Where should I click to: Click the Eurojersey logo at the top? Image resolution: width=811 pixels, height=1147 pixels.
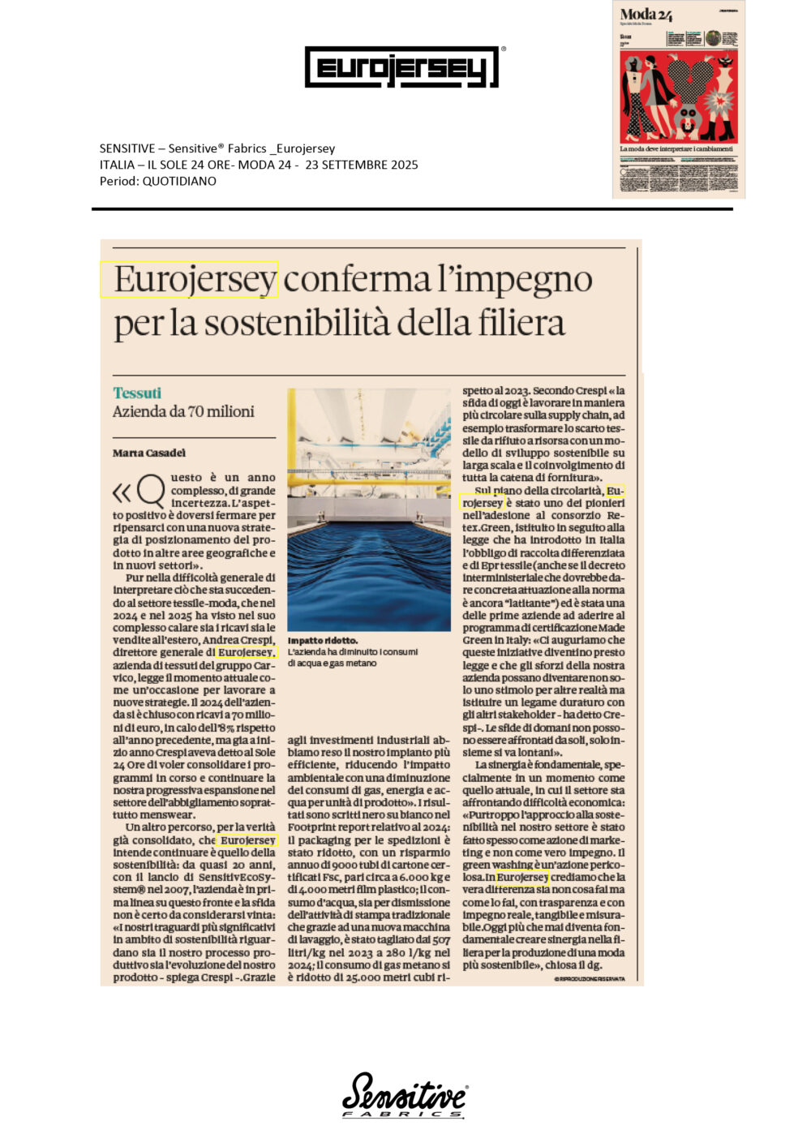pyautogui.click(x=401, y=67)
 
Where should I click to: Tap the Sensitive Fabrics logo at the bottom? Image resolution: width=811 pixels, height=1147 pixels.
pyautogui.click(x=404, y=1095)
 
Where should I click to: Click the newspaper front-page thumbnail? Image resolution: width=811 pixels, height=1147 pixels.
pyautogui.click(x=678, y=99)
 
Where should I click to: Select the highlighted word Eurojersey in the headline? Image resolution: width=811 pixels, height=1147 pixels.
pyautogui.click(x=195, y=280)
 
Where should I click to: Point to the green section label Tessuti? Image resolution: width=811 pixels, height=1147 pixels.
pyautogui.click(x=137, y=393)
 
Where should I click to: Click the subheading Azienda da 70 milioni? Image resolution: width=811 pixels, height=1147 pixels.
pyautogui.click(x=183, y=412)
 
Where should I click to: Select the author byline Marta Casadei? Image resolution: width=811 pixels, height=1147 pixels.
pyautogui.click(x=149, y=453)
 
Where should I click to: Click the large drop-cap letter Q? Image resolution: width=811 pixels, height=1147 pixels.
pyautogui.click(x=151, y=490)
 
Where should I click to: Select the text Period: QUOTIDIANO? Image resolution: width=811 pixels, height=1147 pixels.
pyautogui.click(x=158, y=181)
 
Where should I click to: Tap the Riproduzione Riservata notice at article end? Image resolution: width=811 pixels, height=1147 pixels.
pyautogui.click(x=590, y=979)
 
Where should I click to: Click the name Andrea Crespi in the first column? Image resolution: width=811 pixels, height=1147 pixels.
pyautogui.click(x=240, y=639)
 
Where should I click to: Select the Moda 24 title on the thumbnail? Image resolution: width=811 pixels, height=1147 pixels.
pyautogui.click(x=646, y=14)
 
